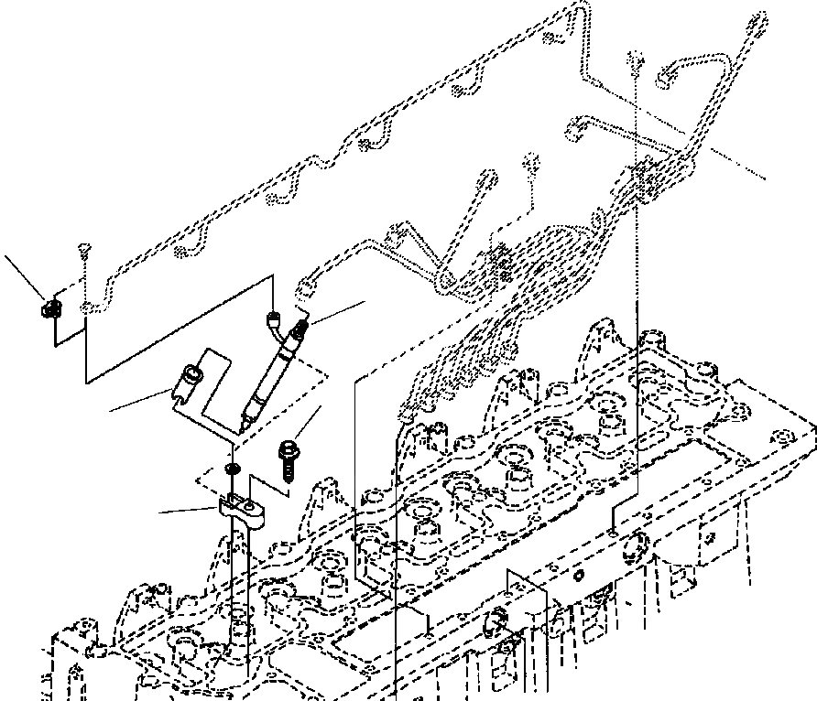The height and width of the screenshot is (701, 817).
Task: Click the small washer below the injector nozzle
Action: (233, 469)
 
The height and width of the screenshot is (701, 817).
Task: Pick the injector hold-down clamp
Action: (241, 511)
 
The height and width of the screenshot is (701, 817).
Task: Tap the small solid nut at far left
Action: (51, 309)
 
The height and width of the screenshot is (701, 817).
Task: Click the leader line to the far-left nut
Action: (24, 275)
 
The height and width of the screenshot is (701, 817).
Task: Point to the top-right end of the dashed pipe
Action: (759, 20)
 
